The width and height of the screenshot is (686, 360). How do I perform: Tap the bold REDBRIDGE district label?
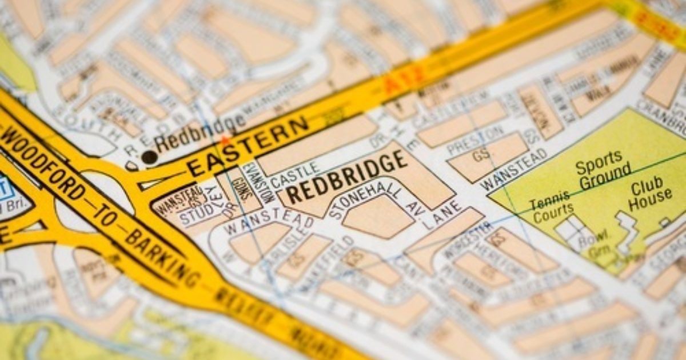(x=346, y=178)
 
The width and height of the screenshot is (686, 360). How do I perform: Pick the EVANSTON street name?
(x=251, y=181)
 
